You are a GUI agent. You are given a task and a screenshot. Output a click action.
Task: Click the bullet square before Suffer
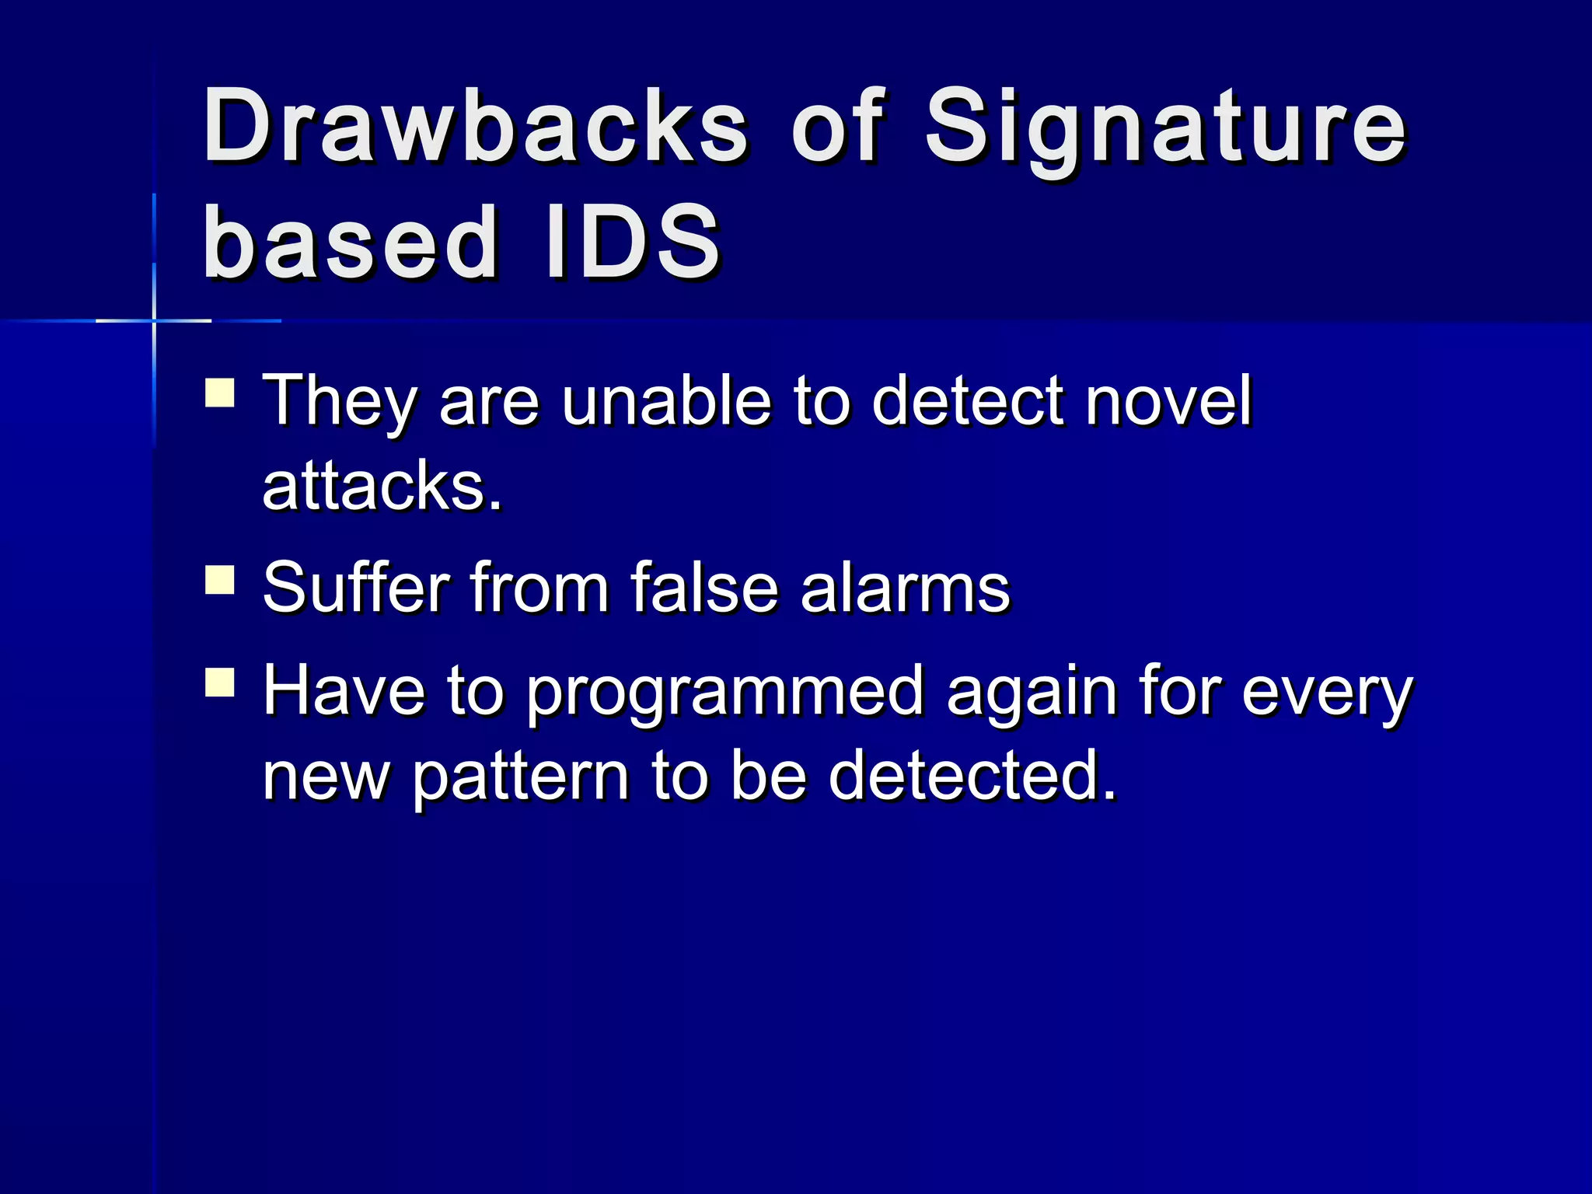point(220,580)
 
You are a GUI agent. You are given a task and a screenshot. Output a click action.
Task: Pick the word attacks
point(382,487)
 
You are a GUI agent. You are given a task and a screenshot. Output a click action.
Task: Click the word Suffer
point(357,588)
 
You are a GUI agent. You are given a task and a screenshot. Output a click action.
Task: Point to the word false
point(704,588)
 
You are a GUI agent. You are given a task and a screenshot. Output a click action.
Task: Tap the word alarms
point(906,588)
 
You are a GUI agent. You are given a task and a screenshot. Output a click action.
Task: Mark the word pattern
point(520,777)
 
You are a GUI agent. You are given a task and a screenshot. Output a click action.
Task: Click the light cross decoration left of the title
point(154,320)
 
